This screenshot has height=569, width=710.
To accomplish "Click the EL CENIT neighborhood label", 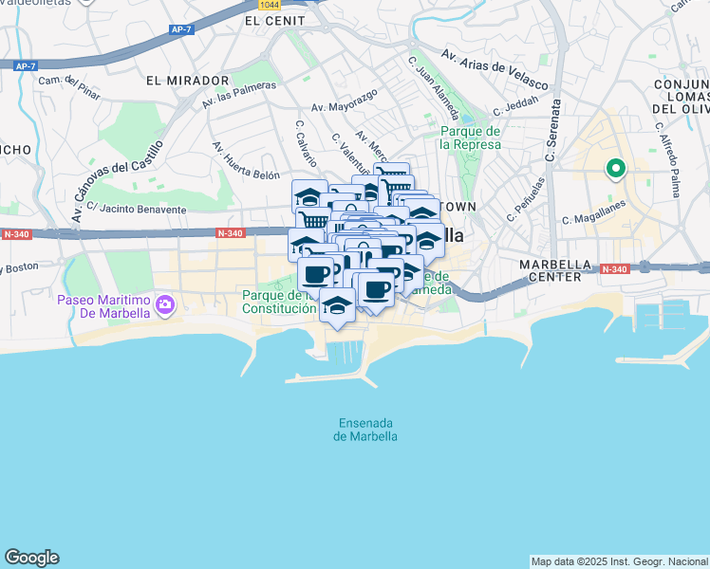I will click(x=274, y=20).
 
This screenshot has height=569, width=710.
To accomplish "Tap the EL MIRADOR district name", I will click(x=188, y=82).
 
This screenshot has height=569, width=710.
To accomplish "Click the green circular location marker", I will click(x=615, y=170).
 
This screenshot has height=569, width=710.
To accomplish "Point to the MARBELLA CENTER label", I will click(x=556, y=270).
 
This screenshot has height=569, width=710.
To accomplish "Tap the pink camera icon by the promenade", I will click(x=166, y=305).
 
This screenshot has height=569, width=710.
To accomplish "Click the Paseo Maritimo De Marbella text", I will click(x=103, y=306).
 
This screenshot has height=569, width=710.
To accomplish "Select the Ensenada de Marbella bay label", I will click(x=365, y=430).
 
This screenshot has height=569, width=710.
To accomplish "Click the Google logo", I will click(x=31, y=558).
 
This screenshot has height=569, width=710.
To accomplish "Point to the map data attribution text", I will click(x=619, y=561).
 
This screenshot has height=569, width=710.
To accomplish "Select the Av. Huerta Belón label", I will click(x=246, y=162).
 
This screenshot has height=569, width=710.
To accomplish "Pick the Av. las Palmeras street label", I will click(x=238, y=93).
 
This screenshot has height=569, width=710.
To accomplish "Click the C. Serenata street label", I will click(x=553, y=129).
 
